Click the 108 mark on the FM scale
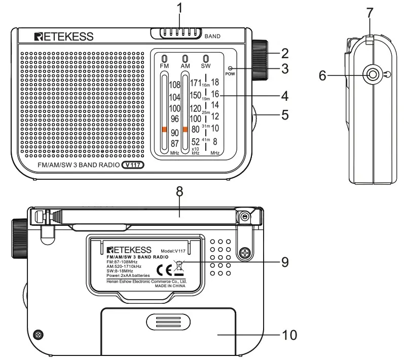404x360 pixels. pos(175,85)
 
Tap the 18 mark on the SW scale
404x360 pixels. pos(215,82)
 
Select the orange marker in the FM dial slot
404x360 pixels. pos(164,130)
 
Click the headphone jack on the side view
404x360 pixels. pos(373,75)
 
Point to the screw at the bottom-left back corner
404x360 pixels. pos(38,334)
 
